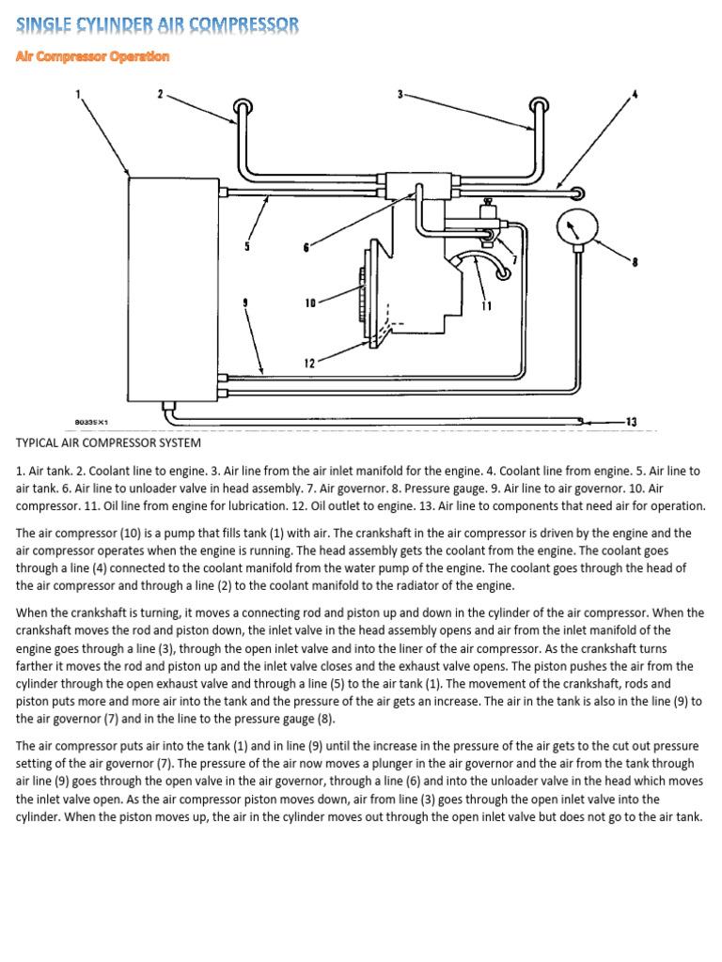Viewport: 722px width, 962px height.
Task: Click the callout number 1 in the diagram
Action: point(78,93)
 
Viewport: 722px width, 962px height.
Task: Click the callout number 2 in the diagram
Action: point(161,93)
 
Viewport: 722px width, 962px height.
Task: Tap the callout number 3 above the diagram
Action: point(400,93)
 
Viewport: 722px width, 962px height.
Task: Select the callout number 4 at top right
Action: point(635,93)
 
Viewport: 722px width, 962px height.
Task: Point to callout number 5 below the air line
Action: point(247,247)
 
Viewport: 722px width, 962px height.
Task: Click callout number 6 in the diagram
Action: point(306,248)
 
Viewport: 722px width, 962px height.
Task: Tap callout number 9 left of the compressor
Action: point(244,303)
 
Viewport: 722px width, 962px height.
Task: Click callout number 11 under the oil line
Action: point(486,305)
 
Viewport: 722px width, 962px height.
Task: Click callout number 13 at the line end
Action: point(631,422)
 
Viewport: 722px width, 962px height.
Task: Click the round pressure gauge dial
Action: point(573,227)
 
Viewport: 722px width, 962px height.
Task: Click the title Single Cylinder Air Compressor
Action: point(158,24)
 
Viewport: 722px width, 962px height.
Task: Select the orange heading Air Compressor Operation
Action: point(92,56)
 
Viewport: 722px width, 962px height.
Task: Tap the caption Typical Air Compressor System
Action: point(108,442)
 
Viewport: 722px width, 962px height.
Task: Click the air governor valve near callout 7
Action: point(488,215)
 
